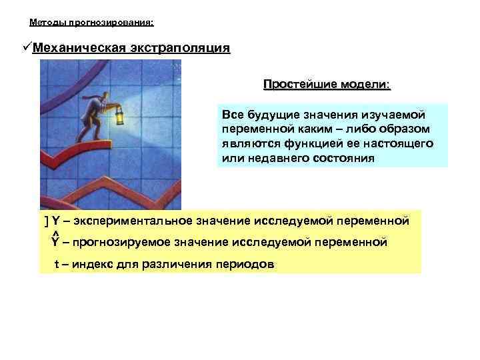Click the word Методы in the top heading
click(46, 22)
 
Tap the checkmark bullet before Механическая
click(26, 48)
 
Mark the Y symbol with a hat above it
click(55, 241)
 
